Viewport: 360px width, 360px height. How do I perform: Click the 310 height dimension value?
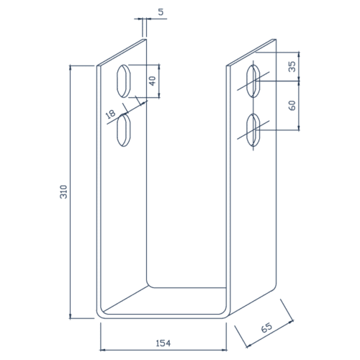[63, 192]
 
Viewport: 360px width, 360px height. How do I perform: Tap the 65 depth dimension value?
[266, 328]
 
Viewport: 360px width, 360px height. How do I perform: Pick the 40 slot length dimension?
[152, 81]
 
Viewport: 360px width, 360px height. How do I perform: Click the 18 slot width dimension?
[111, 114]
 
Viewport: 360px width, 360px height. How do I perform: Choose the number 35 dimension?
[292, 66]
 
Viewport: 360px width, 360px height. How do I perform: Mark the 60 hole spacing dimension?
[292, 105]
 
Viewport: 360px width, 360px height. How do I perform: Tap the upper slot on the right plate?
[253, 81]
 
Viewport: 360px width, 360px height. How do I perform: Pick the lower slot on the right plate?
[253, 130]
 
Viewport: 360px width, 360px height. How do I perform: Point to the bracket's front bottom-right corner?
[226, 313]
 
